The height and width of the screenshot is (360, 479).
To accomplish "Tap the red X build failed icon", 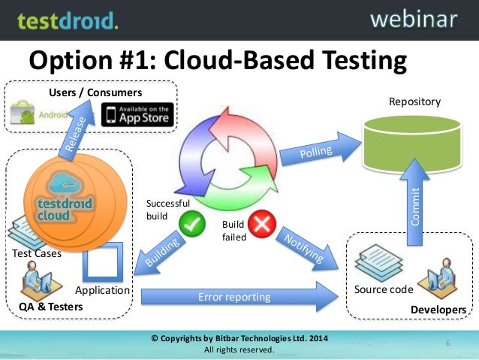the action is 264,222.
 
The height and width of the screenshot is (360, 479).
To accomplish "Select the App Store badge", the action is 137,115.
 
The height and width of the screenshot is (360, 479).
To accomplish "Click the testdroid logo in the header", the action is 68,20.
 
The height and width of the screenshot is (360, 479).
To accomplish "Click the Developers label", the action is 438,310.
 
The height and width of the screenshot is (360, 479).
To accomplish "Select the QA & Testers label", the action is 51,307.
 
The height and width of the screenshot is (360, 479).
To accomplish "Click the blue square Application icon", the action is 101,264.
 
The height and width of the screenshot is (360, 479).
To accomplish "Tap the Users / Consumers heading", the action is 95,92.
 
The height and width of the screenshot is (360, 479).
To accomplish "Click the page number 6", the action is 447,343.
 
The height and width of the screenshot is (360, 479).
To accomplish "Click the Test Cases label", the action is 36,253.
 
